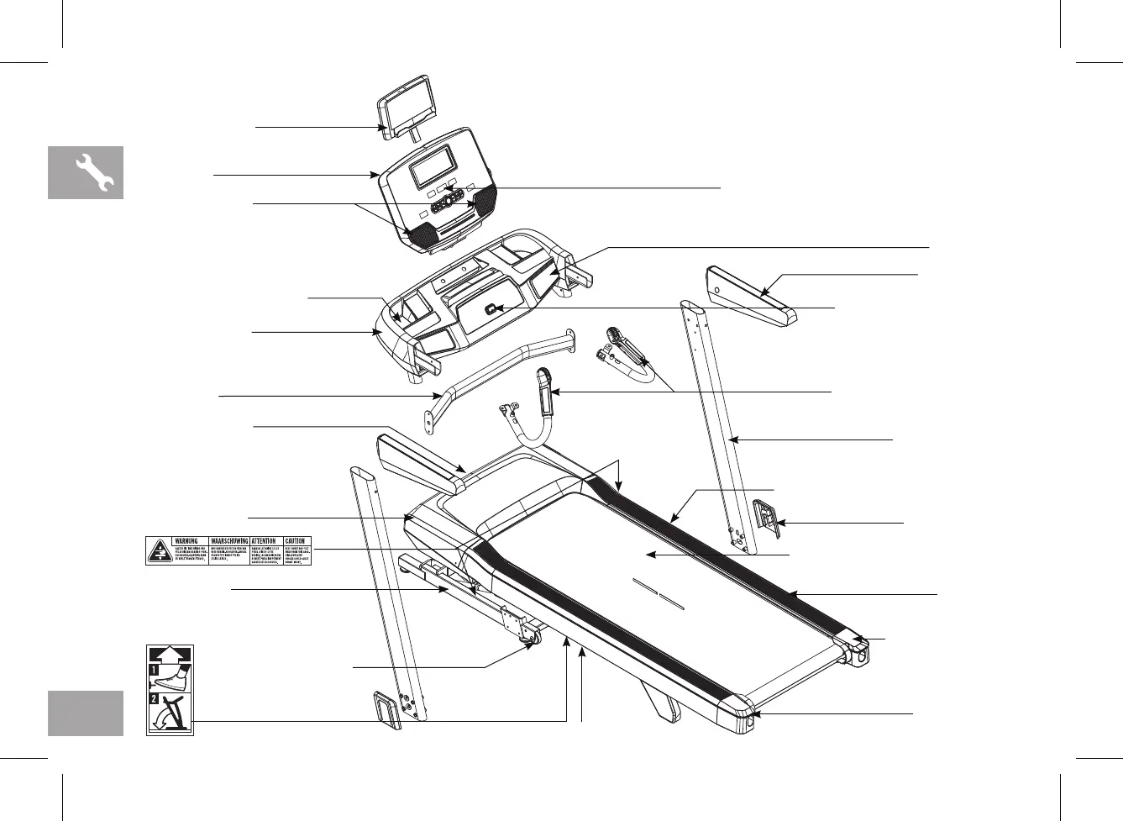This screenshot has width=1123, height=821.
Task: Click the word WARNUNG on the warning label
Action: tap(186, 541)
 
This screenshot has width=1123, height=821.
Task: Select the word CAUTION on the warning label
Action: tap(295, 541)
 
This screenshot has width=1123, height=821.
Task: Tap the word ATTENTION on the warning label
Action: tap(264, 541)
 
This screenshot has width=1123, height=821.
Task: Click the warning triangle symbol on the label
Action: tap(158, 550)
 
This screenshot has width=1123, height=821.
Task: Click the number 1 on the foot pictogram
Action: tap(154, 671)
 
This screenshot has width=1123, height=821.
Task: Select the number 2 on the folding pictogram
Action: tap(154, 698)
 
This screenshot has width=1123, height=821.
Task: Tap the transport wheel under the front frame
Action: tap(531, 642)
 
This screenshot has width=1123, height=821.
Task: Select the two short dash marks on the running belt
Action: tap(659, 594)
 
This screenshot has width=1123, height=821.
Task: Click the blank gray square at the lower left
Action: tap(86, 713)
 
